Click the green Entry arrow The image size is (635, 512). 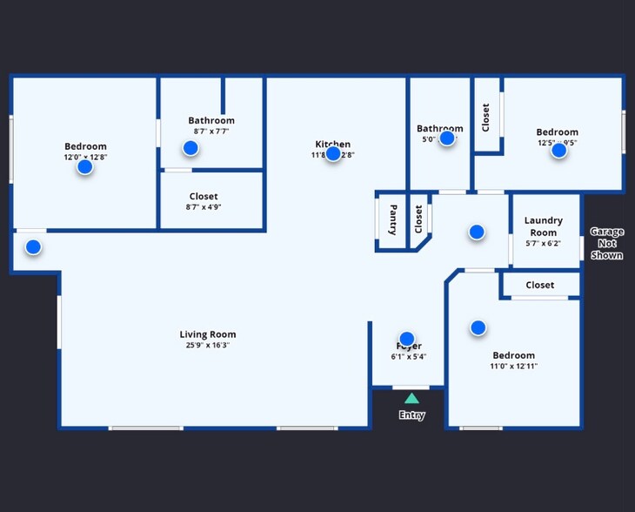(x=411, y=398)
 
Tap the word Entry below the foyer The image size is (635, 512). (x=411, y=415)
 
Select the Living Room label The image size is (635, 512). (x=208, y=334)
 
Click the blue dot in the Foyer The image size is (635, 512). (x=406, y=339)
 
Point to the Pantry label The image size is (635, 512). (x=393, y=220)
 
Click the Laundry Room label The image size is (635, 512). (x=544, y=226)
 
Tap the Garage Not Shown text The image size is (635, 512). (x=606, y=243)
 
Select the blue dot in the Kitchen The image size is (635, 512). (x=333, y=153)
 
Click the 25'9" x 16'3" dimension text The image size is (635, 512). (x=208, y=346)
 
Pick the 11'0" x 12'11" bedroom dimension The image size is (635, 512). (x=514, y=367)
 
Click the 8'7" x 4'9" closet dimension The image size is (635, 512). (x=204, y=208)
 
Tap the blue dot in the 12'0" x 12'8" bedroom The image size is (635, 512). (x=84, y=166)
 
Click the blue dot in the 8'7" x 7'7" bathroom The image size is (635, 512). (x=190, y=148)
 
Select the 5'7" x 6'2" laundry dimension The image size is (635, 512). (x=544, y=244)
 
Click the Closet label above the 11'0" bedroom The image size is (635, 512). (x=540, y=285)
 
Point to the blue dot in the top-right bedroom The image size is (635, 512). (x=559, y=150)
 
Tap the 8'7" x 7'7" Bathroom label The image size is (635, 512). (x=211, y=120)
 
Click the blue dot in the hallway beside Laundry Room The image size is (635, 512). (x=477, y=232)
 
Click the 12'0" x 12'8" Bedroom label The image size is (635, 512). (x=85, y=146)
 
